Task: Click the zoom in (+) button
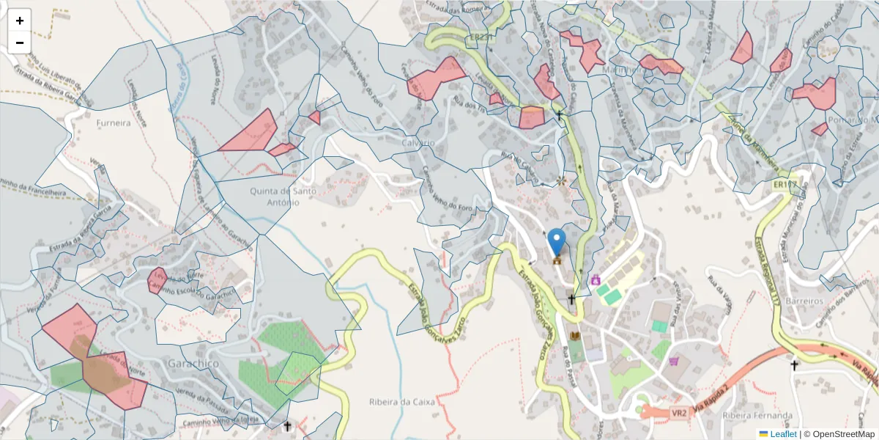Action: (20, 21)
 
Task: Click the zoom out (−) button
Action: (20, 43)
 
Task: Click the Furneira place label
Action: (114, 123)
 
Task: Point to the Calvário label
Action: (418, 142)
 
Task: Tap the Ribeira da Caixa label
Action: (402, 403)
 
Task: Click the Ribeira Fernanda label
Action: (754, 416)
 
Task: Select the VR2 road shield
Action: (679, 413)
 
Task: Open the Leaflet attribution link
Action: (783, 434)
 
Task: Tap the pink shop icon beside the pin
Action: (596, 279)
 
